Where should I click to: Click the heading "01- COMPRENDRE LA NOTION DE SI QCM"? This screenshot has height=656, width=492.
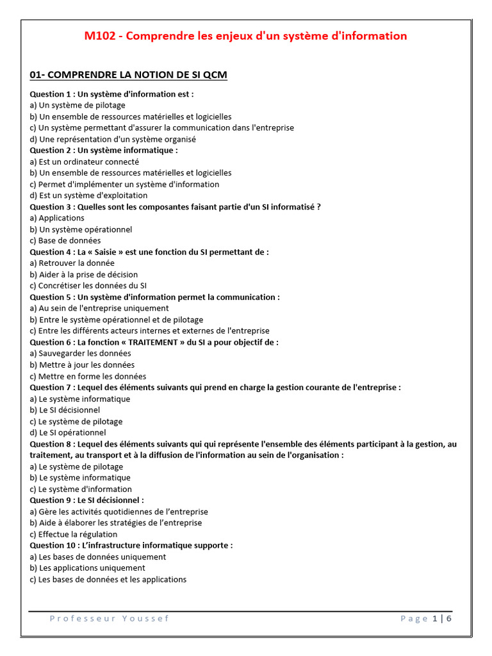pos(128,75)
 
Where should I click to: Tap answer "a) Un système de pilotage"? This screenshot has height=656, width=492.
pos(78,105)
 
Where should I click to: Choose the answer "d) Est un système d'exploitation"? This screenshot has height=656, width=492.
pos(88,195)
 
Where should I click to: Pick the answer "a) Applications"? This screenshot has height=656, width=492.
pos(57,218)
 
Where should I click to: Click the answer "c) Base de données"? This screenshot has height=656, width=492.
pos(65,240)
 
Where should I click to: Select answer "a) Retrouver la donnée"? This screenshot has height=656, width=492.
pos(72,263)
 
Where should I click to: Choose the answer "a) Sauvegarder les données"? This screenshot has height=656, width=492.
pos(80,353)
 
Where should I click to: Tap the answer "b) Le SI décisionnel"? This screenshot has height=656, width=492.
pos(65,410)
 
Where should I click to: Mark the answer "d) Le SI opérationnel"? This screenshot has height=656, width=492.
pos(68,432)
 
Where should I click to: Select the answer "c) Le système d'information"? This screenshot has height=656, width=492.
pos(81,489)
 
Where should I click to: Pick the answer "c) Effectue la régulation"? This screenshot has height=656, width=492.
pos(74,534)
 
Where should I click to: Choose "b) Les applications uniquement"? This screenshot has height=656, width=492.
pos(88,568)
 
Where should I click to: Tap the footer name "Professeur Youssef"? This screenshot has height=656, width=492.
pos(110,618)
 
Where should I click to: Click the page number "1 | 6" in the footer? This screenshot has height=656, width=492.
pos(442,618)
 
